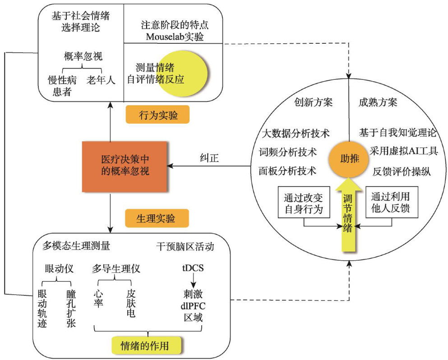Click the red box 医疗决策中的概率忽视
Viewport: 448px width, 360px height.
pos(125,166)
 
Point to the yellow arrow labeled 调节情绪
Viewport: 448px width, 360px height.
pos(348,212)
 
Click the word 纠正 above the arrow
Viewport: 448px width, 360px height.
pos(210,158)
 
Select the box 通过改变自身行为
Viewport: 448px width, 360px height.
pos(303,203)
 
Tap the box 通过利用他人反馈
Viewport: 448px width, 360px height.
pos(391,203)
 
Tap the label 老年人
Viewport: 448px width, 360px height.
pos(101,80)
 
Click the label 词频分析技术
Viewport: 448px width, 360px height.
pos(287,151)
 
